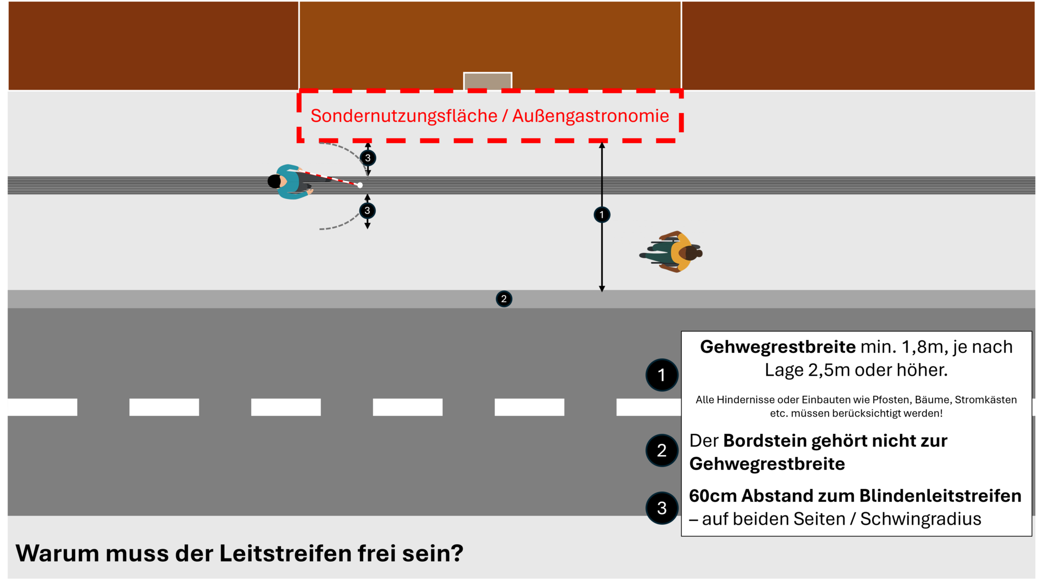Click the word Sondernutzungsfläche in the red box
point(403,116)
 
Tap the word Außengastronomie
point(591,116)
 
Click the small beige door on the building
point(487,81)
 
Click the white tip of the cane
point(360,185)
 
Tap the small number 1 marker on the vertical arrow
point(602,215)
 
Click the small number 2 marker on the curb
point(504,299)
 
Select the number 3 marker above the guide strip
point(368,158)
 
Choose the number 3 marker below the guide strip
point(368,210)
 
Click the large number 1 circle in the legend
point(662,375)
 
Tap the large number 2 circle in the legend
point(662,450)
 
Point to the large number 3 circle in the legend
point(662,508)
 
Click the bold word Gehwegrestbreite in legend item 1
point(778,347)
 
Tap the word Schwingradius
point(921,519)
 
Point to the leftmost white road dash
point(42,407)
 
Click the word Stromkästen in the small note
point(985,400)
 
